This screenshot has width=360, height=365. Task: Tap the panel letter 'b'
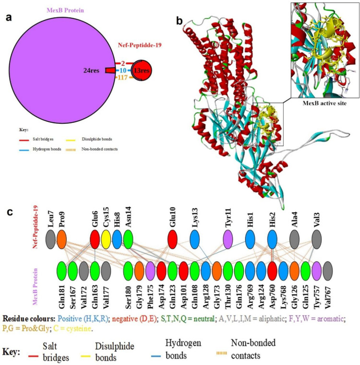(179, 21)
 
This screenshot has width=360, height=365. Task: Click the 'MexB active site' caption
(323, 105)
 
